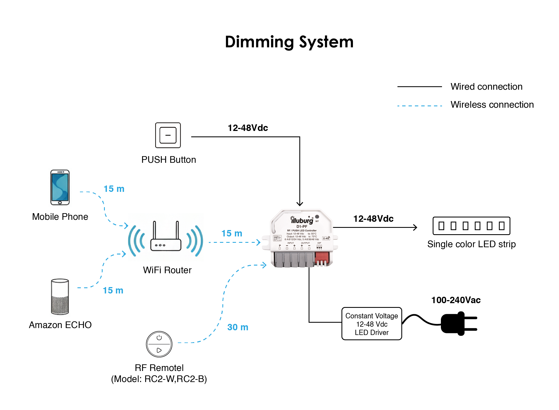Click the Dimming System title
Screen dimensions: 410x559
pyautogui.click(x=289, y=42)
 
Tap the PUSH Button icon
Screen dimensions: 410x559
pyautogui.click(x=168, y=135)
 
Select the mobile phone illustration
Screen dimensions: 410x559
pyautogui.click(x=60, y=187)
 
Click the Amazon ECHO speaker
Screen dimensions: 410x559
pyautogui.click(x=60, y=296)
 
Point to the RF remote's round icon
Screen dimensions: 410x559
pyautogui.click(x=159, y=344)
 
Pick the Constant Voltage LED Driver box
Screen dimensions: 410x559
pyautogui.click(x=371, y=324)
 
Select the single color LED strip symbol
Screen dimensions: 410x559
pyautogui.click(x=471, y=226)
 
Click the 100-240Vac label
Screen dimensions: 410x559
pyautogui.click(x=456, y=300)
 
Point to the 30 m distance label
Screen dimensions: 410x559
pyautogui.click(x=238, y=327)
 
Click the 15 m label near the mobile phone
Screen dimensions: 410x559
pyautogui.click(x=114, y=189)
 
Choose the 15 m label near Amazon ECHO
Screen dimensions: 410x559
pyautogui.click(x=113, y=290)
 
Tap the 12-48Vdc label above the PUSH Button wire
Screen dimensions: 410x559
pyautogui.click(x=248, y=128)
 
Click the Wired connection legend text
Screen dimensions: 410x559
pyautogui.click(x=486, y=87)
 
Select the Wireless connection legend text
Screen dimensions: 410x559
pyautogui.click(x=492, y=105)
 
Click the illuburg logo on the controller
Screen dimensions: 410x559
pyautogui.click(x=302, y=220)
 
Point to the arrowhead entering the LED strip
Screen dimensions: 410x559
pyautogui.click(x=415, y=228)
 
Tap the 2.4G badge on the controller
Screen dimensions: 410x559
pyautogui.click(x=326, y=238)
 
